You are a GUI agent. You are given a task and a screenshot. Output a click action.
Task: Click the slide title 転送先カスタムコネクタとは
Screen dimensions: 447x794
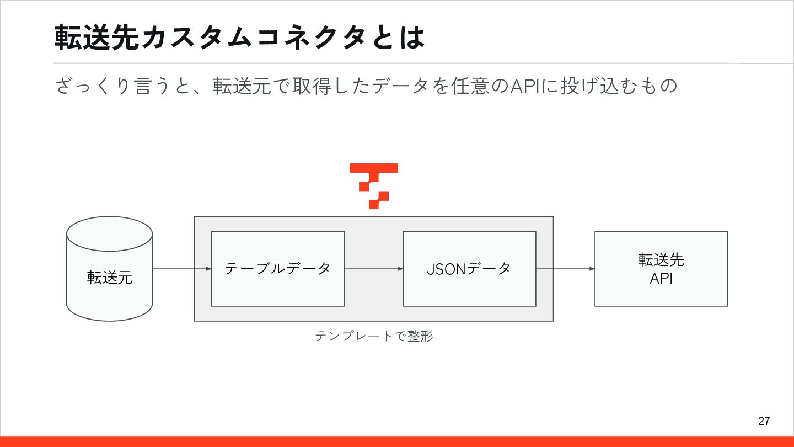[x=240, y=38]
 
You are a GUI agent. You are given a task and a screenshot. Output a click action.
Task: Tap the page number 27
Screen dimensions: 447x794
[x=764, y=421]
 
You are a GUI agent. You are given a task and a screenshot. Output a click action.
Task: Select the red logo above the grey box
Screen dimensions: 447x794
[x=374, y=186]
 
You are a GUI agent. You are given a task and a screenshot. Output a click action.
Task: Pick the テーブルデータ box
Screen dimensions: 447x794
[x=278, y=269]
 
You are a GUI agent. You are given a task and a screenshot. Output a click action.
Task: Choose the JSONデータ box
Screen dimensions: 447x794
[x=469, y=269]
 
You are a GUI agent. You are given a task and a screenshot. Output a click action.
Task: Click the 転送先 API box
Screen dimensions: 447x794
[x=661, y=269]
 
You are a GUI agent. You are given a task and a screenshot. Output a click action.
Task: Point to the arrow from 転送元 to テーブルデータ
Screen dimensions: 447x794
[x=181, y=269]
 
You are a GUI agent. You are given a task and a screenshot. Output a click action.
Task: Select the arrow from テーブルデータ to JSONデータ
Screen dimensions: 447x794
[x=373, y=269]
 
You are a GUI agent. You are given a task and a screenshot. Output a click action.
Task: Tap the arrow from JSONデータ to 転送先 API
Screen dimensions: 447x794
[x=565, y=269]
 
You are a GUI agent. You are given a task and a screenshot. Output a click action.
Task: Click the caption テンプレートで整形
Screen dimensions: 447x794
[x=374, y=336]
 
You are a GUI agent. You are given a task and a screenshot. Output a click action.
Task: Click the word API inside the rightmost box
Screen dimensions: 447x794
[x=661, y=279]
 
